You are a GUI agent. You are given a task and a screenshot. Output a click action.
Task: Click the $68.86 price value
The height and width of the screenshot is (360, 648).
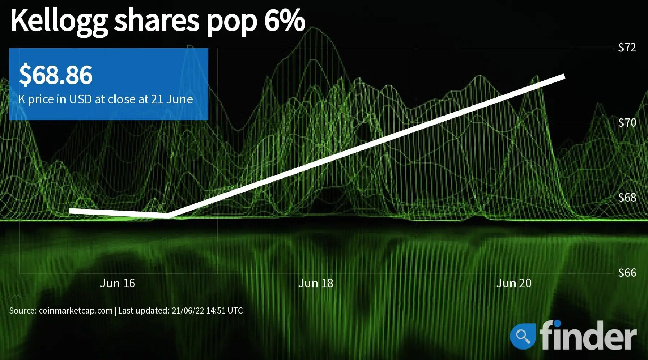click(x=56, y=75)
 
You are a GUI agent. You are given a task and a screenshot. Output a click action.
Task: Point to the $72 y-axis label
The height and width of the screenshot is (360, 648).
click(x=627, y=48)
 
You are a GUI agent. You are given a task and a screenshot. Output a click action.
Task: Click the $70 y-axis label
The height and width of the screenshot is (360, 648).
click(x=627, y=123)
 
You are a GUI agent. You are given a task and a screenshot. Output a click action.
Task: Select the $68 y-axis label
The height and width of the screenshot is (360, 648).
click(x=627, y=198)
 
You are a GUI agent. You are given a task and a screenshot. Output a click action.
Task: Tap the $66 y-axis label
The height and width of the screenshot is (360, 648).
click(x=627, y=273)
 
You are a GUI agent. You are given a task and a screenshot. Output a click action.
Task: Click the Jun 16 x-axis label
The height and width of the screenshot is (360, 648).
click(x=117, y=283)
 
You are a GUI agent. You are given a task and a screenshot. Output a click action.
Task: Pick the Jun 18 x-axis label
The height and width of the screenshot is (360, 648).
click(x=316, y=283)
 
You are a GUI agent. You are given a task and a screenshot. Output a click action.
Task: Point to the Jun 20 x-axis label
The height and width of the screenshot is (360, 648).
click(x=514, y=283)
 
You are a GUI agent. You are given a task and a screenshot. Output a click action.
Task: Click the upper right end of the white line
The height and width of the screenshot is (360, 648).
click(x=564, y=76)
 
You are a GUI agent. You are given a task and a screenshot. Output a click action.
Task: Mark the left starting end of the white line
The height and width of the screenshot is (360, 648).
click(x=70, y=211)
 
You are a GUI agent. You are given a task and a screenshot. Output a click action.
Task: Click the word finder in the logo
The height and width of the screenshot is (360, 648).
click(x=588, y=335)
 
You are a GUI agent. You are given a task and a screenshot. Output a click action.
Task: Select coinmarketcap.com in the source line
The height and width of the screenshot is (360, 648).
click(x=76, y=311)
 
